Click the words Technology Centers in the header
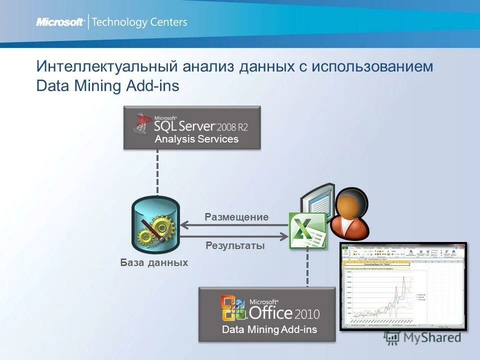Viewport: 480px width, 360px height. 139,22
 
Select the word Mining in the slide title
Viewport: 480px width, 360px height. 98,85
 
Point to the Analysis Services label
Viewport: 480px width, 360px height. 196,139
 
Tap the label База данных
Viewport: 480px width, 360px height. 154,262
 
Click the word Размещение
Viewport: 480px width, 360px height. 236,217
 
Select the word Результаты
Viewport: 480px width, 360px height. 235,245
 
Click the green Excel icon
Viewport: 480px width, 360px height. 306,230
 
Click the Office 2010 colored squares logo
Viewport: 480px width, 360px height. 233,308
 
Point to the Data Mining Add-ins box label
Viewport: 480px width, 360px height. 269,329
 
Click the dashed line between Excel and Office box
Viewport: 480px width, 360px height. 307,267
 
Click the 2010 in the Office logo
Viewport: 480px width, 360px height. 306,314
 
